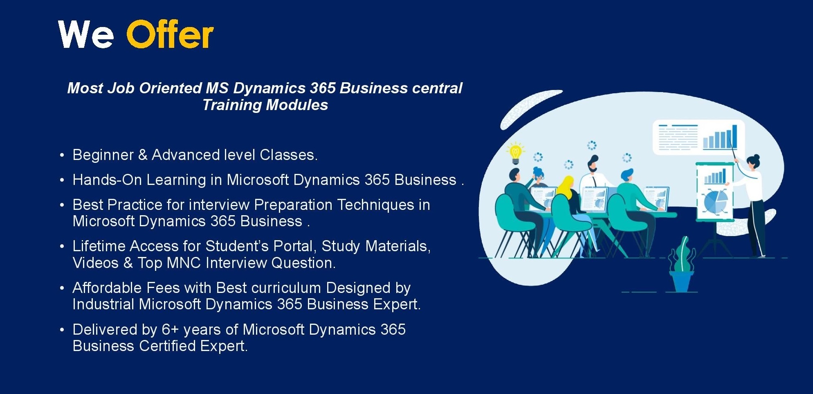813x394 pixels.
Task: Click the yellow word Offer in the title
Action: point(170,34)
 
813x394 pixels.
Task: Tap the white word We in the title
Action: point(86,35)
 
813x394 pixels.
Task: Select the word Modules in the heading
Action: point(297,105)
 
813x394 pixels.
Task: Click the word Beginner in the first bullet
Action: point(103,155)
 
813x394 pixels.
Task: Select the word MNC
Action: point(184,263)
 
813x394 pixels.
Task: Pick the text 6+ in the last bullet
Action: point(171,329)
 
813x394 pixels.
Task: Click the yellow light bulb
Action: point(515,153)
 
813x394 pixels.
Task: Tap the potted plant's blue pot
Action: point(681,281)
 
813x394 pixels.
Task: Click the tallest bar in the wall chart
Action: point(734,137)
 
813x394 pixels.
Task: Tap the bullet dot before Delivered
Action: point(62,329)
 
